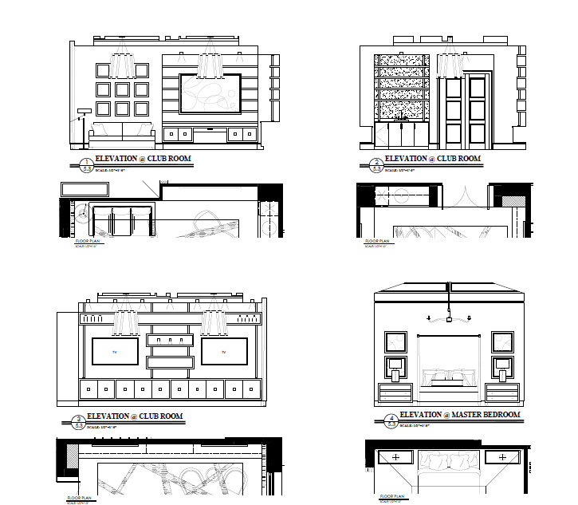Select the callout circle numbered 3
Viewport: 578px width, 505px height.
coord(78,423)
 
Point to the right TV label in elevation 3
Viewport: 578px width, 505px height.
coord(224,352)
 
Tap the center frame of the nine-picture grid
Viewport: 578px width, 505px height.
coord(123,89)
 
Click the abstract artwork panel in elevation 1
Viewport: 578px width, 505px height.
coord(209,94)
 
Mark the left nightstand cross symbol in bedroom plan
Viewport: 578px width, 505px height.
coord(396,457)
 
